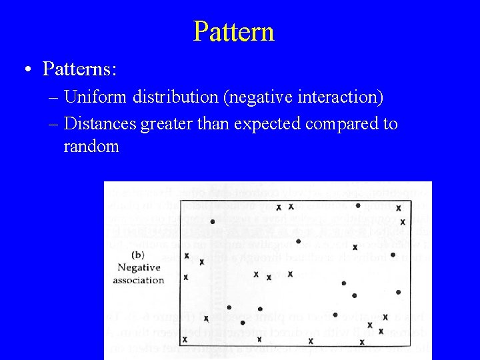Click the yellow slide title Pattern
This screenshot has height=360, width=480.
tap(233, 31)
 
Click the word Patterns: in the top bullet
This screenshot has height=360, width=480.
tap(79, 69)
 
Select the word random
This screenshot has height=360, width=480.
tap(91, 147)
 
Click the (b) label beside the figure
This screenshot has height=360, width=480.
tap(138, 254)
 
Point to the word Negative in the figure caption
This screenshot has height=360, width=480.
tap(139, 267)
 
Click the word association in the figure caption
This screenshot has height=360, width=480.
tap(138, 280)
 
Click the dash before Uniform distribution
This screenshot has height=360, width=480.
tap(53, 99)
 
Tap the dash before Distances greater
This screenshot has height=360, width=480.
tap(53, 125)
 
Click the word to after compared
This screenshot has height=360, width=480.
tap(390, 124)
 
